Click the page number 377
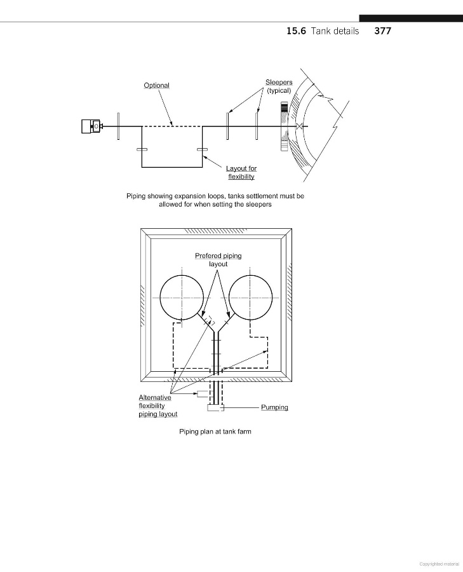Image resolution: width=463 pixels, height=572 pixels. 382,31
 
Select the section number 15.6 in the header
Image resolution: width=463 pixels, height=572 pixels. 296,31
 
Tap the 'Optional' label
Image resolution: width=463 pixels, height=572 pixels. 156,85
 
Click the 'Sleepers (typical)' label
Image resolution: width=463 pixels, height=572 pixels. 279,86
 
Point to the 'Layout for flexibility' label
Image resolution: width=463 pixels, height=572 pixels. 241,172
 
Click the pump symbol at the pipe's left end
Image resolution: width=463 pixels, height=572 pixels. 91,126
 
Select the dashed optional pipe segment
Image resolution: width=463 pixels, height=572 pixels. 171,126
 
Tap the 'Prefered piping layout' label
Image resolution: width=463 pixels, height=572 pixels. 218,260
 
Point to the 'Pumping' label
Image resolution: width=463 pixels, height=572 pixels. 274,407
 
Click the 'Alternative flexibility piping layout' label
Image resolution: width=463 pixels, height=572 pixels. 158,406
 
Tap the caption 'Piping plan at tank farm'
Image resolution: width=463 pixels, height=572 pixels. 215,432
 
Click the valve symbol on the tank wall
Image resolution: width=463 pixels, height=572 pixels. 299,126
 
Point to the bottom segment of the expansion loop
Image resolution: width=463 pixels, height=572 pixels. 171,167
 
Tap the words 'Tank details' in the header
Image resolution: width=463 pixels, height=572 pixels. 335,31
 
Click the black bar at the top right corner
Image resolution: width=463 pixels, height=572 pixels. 410,18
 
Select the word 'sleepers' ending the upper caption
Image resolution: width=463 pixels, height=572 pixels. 258,205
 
